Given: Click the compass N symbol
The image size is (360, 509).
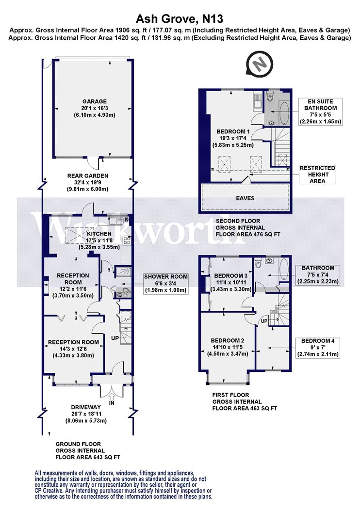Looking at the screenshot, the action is click(260, 64).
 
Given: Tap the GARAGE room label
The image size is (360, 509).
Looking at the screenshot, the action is click(94, 101).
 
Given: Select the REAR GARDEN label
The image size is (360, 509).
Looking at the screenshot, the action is click(88, 175).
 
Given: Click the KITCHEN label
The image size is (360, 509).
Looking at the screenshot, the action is click(99, 234).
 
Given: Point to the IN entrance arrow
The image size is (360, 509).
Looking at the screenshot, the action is click(112, 397).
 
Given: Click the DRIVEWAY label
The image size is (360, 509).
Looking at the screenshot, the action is click(86, 407).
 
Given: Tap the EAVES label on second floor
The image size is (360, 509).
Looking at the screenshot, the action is click(245, 198).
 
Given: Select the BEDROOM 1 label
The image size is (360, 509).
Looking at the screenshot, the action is click(233, 131).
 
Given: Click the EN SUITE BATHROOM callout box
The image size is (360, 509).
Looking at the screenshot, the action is click(320, 111).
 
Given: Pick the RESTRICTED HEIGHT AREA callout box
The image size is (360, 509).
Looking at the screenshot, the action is click(317, 175).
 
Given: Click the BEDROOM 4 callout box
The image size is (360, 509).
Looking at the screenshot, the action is click(318, 348).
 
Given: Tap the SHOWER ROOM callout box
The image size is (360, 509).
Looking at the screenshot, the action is click(166, 284).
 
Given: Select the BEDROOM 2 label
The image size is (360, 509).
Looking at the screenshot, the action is click(228, 340).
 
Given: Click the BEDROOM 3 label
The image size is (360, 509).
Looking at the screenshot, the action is click(231, 276).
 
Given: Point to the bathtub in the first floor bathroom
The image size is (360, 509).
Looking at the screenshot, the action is click(283, 269).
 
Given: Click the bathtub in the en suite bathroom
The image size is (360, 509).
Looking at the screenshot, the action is click(284, 113).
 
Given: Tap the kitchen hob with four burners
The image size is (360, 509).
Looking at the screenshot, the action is click(127, 240).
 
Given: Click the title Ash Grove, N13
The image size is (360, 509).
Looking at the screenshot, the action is click(180, 18).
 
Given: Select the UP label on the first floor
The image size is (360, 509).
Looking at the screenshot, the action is click(264, 321).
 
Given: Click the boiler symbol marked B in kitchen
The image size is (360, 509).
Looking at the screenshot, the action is click(127, 220).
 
